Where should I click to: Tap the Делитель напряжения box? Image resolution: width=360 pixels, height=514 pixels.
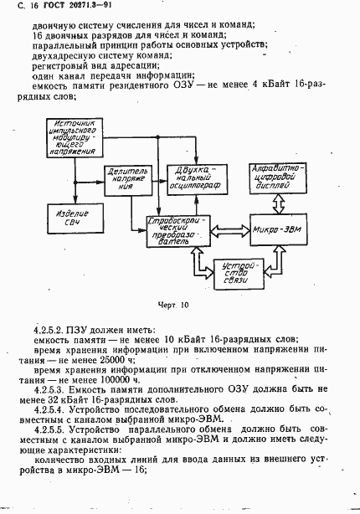[x=126, y=177]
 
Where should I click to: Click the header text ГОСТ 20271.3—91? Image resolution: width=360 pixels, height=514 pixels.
[x=59, y=8]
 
